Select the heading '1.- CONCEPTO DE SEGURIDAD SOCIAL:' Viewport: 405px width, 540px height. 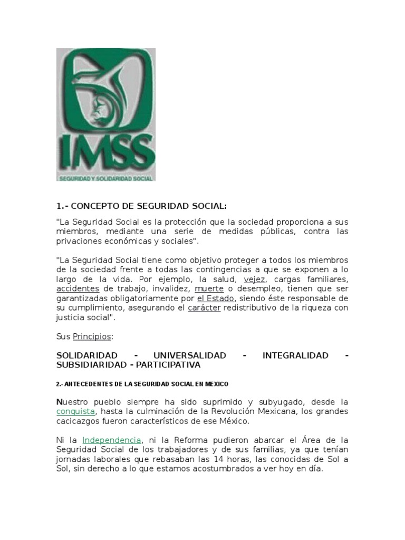pyautogui.click(x=142, y=206)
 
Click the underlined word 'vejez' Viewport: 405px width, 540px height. pyautogui.click(x=255, y=279)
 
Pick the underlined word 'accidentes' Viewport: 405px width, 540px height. pyautogui.click(x=78, y=289)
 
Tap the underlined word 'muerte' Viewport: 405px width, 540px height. pyautogui.click(x=206, y=289)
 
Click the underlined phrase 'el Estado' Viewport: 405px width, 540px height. pyautogui.click(x=215, y=298)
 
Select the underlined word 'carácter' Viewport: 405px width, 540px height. pyautogui.click(x=204, y=308)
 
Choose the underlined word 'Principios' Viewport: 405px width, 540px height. pyautogui.click(x=92, y=336)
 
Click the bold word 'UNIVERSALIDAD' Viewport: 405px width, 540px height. pyautogui.click(x=189, y=355)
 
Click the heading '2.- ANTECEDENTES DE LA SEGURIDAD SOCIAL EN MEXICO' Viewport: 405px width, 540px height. pyautogui.click(x=142, y=384)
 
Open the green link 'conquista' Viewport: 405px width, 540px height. pyautogui.click(x=76, y=411)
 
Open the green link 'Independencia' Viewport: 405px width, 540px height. pyautogui.click(x=112, y=440)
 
